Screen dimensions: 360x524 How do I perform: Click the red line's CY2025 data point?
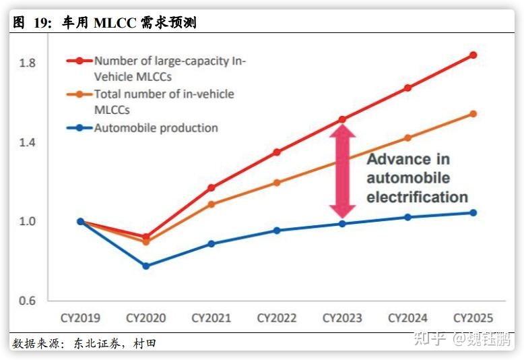[x=473, y=55]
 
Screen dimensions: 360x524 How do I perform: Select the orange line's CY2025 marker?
[x=473, y=114]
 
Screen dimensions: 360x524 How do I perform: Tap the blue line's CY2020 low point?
[x=145, y=266]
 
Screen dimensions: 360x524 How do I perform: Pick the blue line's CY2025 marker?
[x=473, y=213]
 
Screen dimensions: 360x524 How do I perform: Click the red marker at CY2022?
[x=277, y=152]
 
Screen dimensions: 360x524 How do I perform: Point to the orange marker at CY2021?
[x=211, y=204]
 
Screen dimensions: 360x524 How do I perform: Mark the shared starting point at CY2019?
[x=81, y=221]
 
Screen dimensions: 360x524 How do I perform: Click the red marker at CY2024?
[x=407, y=88]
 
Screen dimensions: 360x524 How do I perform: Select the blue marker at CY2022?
[x=277, y=231]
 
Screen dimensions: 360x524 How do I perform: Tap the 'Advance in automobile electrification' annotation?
[x=417, y=179]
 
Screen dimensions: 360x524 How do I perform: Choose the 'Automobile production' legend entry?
[x=156, y=128]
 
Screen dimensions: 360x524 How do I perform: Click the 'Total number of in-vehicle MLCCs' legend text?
[x=164, y=102]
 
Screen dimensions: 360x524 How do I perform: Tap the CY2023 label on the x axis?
[x=342, y=318]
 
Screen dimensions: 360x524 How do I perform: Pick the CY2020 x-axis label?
[x=145, y=318]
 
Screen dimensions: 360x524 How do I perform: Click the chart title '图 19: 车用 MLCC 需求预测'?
[x=105, y=23]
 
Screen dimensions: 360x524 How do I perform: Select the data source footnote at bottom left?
[x=84, y=344]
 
